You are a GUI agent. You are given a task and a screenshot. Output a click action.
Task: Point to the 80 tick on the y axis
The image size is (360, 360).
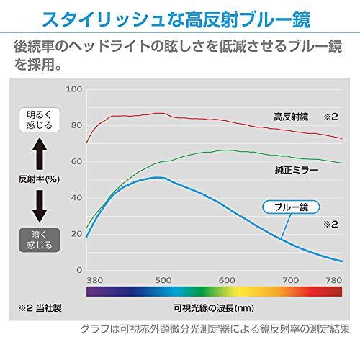pos(76,125)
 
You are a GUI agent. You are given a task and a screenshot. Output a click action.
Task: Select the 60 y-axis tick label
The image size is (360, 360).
pos(76,161)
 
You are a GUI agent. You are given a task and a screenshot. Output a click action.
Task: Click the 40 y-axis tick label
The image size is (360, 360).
pos(76,197)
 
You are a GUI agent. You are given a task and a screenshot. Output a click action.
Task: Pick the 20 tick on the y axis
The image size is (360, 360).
pos(76,233)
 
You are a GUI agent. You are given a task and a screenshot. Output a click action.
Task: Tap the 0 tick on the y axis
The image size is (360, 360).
pos(79,269)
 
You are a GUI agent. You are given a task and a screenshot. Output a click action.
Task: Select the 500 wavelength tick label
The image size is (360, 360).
pos(162,280)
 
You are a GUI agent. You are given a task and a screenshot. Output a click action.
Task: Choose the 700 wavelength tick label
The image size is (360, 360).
pos(291,280)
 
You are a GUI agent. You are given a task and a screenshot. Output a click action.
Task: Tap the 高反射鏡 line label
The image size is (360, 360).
pos(291,116)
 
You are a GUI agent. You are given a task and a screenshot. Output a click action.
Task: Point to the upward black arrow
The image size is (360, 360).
pos(40,151)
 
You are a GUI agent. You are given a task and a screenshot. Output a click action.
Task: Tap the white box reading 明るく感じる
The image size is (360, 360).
pos(40,119)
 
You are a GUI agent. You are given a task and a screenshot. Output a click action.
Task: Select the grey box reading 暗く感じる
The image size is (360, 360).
pos(40,240)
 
